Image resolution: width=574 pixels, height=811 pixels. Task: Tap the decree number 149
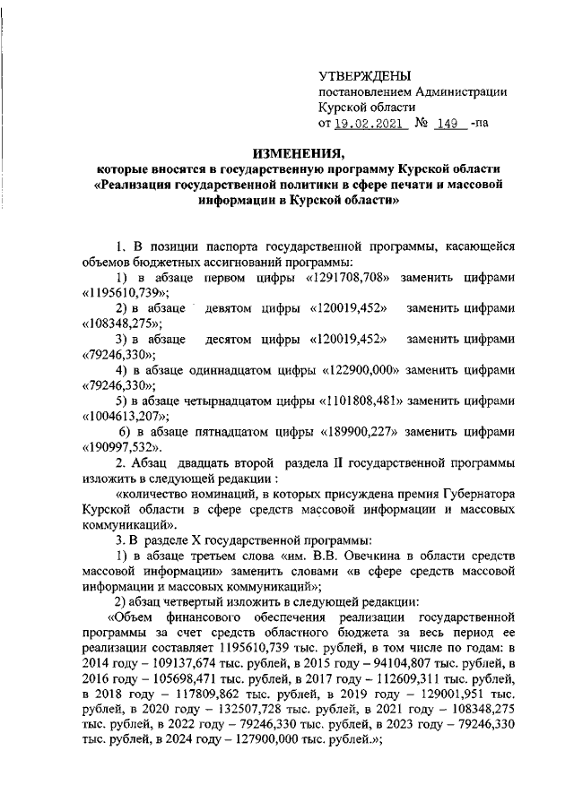pyautogui.click(x=446, y=123)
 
